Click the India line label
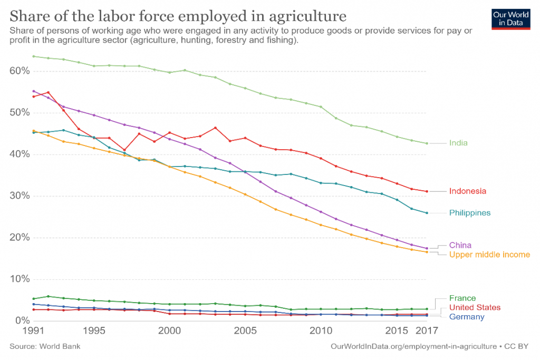[458, 143]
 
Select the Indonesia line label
[467, 191]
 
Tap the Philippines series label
[469, 213]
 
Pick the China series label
[460, 245]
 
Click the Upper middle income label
[489, 255]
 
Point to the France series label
[462, 298]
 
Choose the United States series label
[475, 307]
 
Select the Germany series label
[466, 316]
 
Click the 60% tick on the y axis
[18, 71]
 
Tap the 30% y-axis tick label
[18, 196]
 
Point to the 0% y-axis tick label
[21, 320]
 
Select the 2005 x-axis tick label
[245, 332]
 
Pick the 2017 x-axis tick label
[426, 332]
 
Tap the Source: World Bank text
[45, 346]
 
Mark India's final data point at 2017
[427, 143]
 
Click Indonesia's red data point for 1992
[49, 92]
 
